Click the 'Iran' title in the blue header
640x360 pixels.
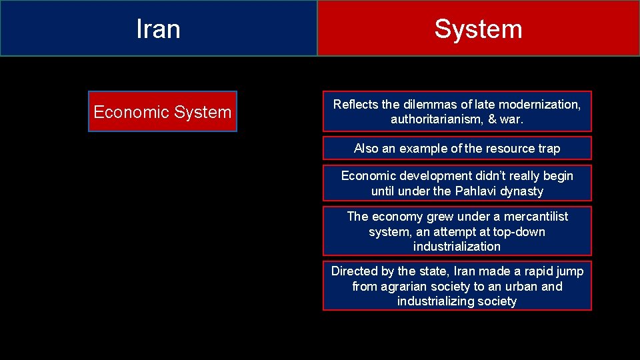click(158, 29)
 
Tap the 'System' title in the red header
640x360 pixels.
click(478, 29)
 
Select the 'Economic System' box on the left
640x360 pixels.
click(162, 112)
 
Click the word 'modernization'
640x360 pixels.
click(544, 105)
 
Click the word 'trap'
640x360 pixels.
click(549, 149)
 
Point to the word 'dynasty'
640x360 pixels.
click(521, 191)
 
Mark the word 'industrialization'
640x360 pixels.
click(457, 247)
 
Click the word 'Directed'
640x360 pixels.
click(354, 271)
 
